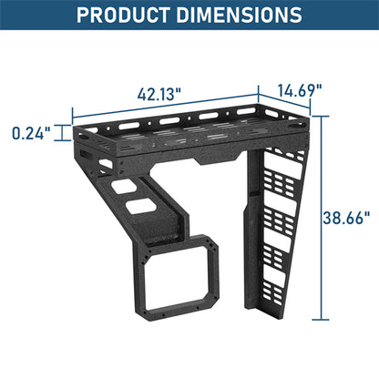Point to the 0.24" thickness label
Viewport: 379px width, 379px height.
point(29,133)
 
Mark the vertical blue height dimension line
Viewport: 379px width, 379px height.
point(321,219)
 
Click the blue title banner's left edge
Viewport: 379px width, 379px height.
point(3,15)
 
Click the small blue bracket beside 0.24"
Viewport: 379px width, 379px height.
point(65,134)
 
